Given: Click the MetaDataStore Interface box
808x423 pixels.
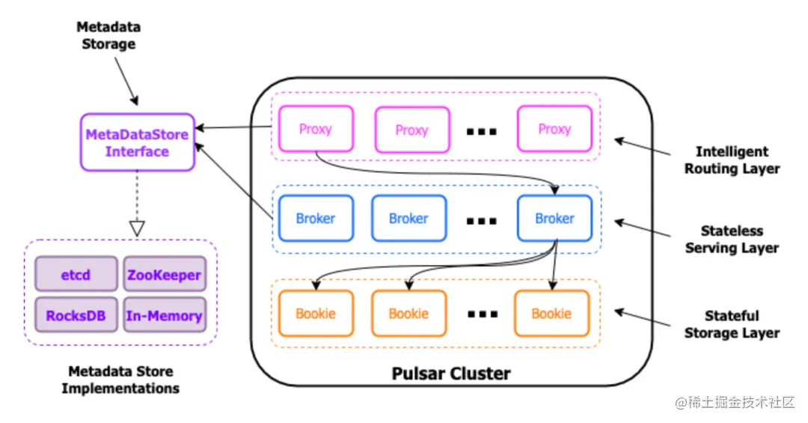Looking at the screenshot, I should coord(137,142).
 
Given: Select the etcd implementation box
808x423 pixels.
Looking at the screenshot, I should coord(76,275).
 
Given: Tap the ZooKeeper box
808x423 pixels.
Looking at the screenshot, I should coord(164,275).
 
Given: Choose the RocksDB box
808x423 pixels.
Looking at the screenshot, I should coord(76,315).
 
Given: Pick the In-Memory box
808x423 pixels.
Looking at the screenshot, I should coord(164,315).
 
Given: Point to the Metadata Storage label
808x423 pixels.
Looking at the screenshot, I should coord(108,35).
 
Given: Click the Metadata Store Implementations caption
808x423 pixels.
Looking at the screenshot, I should coord(120,380).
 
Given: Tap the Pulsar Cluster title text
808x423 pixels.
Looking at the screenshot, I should coord(451,373).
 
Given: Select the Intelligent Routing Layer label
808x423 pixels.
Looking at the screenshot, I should coord(732,159).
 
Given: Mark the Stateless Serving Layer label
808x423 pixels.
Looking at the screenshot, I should coord(732,240).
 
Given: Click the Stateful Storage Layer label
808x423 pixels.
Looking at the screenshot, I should coord(732,324).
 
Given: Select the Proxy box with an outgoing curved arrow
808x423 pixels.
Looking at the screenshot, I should coord(315,130).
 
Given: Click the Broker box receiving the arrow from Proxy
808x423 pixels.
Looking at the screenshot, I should coord(554,219).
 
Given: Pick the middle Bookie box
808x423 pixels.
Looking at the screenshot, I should coord(408,314).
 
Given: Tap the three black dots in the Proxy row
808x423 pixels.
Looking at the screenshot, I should coord(482,132).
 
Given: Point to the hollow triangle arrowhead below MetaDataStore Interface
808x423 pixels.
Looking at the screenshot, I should coord(137,228).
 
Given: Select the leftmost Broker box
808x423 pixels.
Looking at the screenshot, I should coord(315,219).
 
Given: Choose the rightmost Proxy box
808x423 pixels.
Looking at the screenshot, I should coord(554,130).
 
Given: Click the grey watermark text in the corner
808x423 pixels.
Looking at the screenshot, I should coord(735,403).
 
